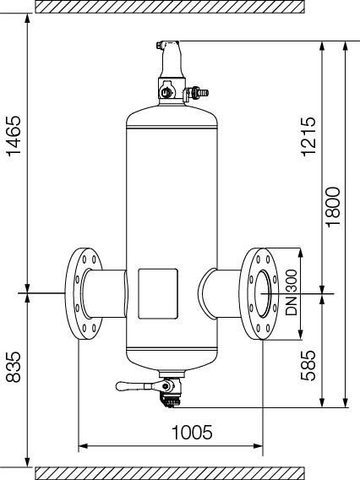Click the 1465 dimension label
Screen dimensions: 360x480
tap(14, 136)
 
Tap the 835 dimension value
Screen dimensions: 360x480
tap(14, 367)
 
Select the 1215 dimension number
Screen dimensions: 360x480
tap(308, 136)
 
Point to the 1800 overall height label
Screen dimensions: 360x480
tap(333, 207)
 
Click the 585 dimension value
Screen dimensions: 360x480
tap(308, 365)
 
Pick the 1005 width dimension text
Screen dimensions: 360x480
tap(192, 432)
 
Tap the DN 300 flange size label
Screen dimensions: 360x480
tap(292, 292)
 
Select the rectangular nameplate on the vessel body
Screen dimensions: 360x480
tap(158, 294)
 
